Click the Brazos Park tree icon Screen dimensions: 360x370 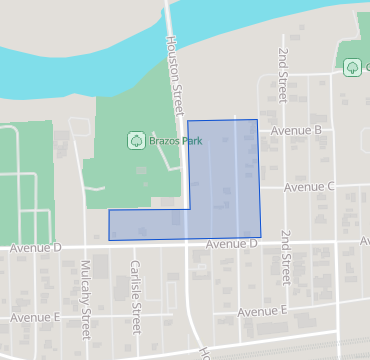135,141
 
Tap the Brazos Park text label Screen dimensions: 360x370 175,141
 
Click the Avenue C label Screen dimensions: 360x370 309,187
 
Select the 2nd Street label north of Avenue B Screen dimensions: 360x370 283,73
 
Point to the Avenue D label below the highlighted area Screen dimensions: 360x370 233,243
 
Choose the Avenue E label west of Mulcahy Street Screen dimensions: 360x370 36,317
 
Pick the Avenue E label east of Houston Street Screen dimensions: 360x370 263,311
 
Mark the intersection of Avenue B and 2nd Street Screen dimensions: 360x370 283,130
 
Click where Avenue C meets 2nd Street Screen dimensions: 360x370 284,187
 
